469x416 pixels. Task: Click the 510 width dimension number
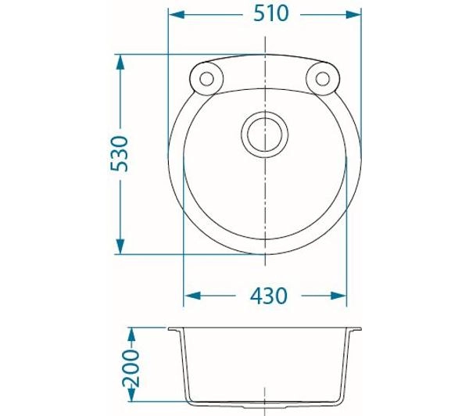[270, 13]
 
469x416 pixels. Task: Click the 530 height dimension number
[119, 154]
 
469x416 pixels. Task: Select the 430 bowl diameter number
[268, 296]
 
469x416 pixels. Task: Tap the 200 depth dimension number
[131, 368]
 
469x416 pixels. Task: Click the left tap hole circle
[206, 79]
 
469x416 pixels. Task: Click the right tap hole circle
[322, 79]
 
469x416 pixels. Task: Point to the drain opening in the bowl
[265, 134]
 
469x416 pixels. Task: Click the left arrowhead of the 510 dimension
[177, 14]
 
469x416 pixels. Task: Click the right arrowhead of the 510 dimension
[353, 14]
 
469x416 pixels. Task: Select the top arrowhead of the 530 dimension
[120, 63]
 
